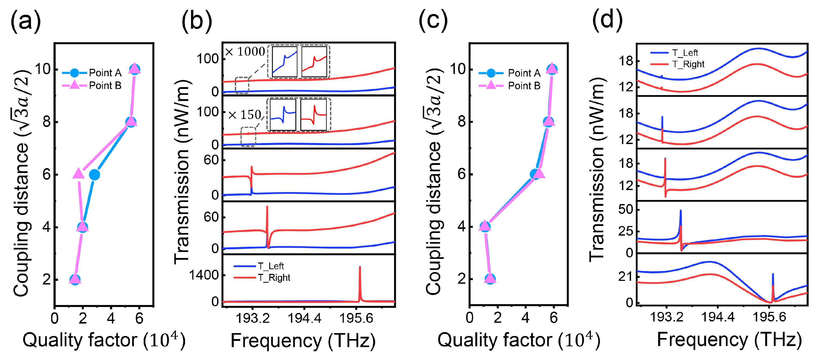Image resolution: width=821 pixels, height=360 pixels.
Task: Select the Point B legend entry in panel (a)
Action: [93, 85]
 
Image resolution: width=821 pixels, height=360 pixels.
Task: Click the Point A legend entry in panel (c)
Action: [510, 73]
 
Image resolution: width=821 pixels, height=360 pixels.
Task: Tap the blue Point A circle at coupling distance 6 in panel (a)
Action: [94, 175]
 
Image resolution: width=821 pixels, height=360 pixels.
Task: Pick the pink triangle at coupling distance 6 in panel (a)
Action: [78, 174]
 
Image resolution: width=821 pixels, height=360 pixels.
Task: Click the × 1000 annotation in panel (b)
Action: [245, 52]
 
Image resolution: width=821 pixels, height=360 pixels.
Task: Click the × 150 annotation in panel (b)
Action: [245, 115]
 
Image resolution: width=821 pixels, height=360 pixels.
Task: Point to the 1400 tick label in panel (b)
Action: [204, 275]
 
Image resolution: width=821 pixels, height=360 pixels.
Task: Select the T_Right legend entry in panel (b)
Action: [262, 278]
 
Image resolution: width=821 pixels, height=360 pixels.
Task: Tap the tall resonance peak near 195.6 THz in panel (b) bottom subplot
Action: [360, 281]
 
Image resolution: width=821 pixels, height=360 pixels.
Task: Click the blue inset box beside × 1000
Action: [284, 62]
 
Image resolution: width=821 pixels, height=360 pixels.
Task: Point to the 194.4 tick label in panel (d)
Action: [717, 317]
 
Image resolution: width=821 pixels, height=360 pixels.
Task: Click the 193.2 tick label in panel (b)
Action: [252, 318]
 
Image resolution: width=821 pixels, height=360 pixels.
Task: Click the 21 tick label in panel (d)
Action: [626, 276]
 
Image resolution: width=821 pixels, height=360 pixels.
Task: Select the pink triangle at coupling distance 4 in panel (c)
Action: [485, 226]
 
